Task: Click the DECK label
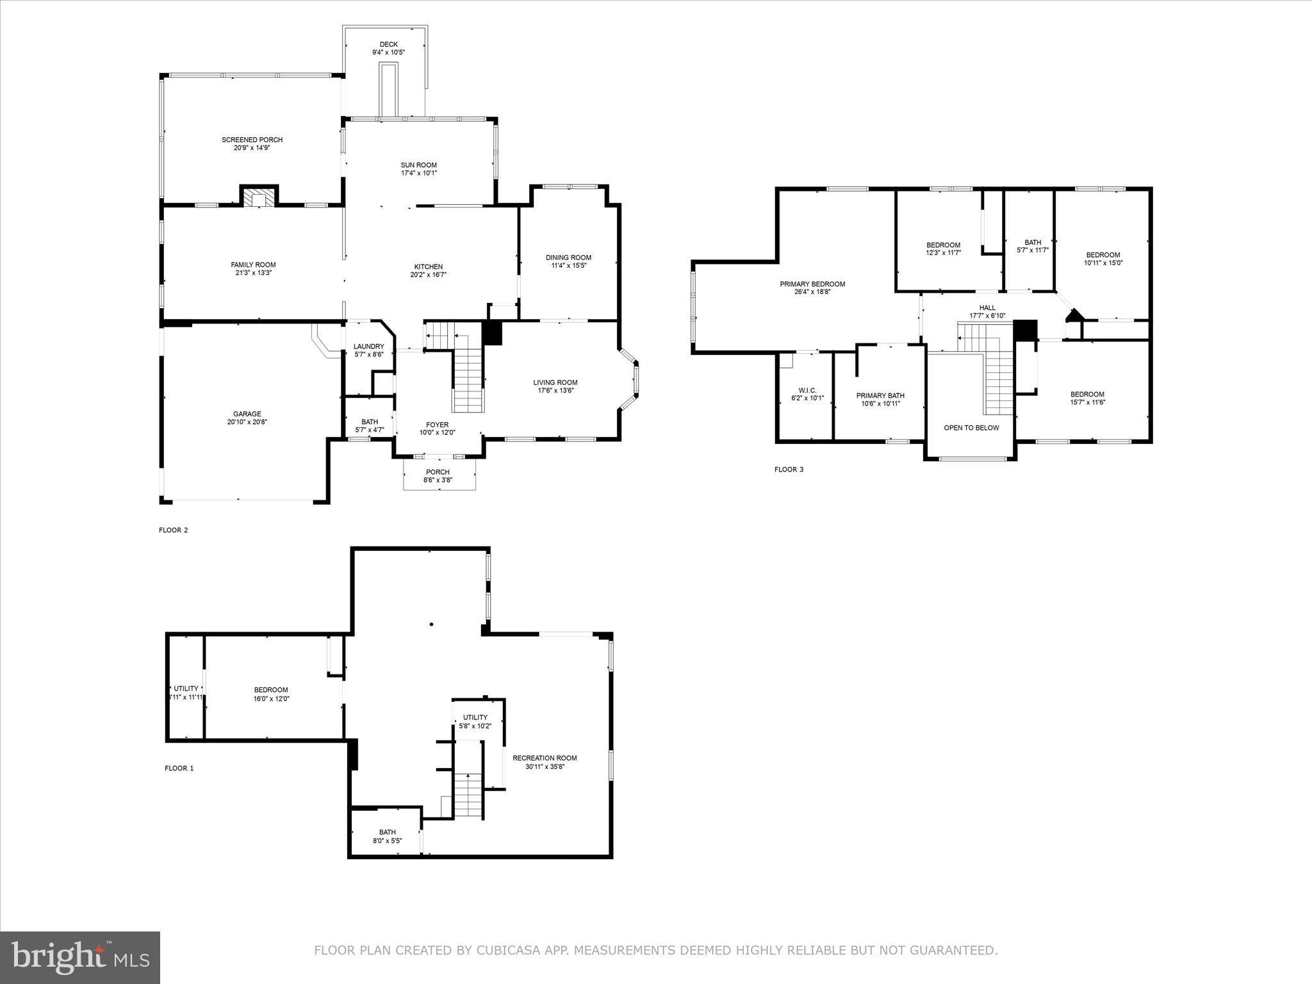pyautogui.click(x=389, y=44)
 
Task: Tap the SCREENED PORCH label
pyautogui.click(x=252, y=140)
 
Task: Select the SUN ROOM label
pyautogui.click(x=419, y=165)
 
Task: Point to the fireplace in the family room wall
pyautogui.click(x=259, y=197)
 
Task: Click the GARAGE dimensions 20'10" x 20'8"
pyautogui.click(x=247, y=422)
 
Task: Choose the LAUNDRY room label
pyautogui.click(x=369, y=347)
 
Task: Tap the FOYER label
pyautogui.click(x=438, y=425)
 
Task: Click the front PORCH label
pyautogui.click(x=438, y=472)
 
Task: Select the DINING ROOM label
pyautogui.click(x=568, y=258)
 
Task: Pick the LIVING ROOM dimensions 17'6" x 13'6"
pyautogui.click(x=555, y=390)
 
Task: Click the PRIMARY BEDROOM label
pyautogui.click(x=812, y=284)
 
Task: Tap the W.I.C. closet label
pyautogui.click(x=807, y=390)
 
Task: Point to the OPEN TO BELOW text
pyautogui.click(x=971, y=428)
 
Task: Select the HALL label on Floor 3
pyautogui.click(x=987, y=308)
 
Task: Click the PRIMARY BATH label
pyautogui.click(x=880, y=396)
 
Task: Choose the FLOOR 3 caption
pyautogui.click(x=789, y=470)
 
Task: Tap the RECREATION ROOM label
pyautogui.click(x=545, y=758)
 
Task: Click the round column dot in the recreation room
pyautogui.click(x=432, y=624)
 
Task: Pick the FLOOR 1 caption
pyautogui.click(x=179, y=768)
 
